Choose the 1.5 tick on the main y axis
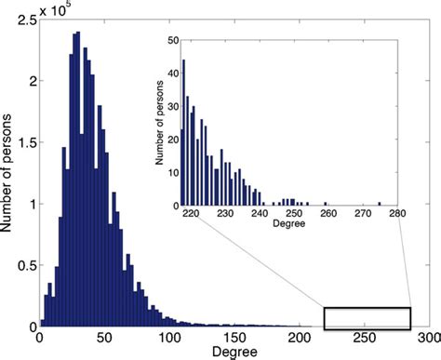point(25,142)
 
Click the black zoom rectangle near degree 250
point(367,318)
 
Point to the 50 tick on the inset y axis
point(172,41)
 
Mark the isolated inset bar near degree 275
point(380,203)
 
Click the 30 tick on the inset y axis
point(172,106)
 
